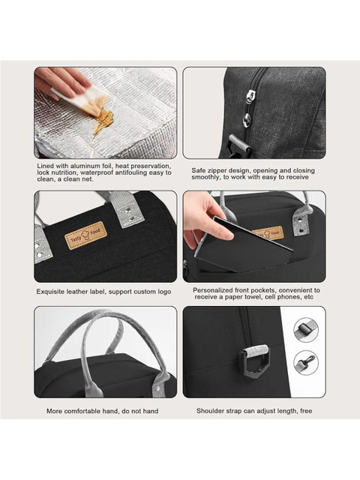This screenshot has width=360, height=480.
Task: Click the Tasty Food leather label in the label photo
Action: pos(86,235)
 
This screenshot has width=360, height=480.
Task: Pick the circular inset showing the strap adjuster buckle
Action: pos(306,330)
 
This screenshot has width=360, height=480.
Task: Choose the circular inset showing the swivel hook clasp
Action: pos(306,363)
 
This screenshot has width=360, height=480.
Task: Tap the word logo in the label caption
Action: pos(164,292)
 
